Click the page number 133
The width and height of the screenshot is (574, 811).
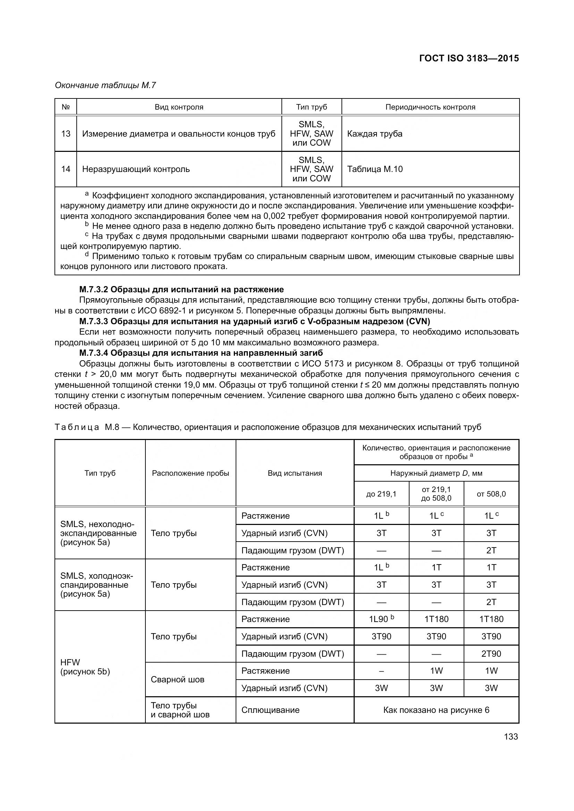click(511, 736)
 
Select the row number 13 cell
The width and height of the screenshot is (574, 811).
click(66, 133)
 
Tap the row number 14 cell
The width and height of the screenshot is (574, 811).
click(66, 169)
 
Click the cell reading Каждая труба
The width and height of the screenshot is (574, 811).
click(375, 133)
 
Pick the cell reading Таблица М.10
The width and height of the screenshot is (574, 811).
click(375, 169)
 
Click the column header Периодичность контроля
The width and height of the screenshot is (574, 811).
click(430, 107)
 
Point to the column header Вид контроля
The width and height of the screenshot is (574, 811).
click(179, 107)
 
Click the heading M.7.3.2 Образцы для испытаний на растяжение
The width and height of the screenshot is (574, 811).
click(181, 290)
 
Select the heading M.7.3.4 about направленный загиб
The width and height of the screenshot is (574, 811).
click(201, 353)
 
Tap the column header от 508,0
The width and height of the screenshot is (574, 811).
click(491, 494)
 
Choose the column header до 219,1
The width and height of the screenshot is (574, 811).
click(381, 494)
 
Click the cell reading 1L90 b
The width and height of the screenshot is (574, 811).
click(381, 619)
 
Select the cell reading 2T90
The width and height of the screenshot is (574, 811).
click(491, 654)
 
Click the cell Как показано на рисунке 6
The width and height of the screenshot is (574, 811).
click(436, 710)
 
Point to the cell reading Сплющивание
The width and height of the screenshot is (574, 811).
click(270, 710)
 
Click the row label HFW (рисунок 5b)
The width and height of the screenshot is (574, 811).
click(85, 667)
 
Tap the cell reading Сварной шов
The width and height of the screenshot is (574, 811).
click(177, 680)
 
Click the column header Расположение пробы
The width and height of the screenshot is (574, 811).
click(191, 473)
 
